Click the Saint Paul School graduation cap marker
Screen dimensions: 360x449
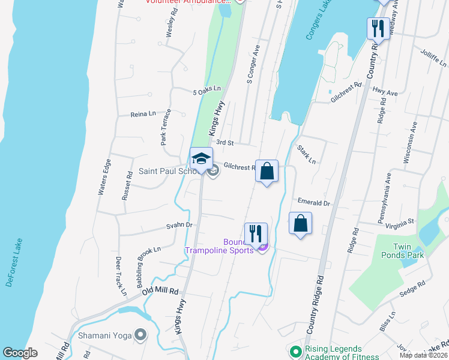pyautogui.click(x=201, y=159)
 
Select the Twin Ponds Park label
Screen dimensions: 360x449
pyautogui.click(x=408, y=251)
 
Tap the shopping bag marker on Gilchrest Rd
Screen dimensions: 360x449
pyautogui.click(x=267, y=172)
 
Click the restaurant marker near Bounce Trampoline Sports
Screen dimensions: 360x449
pyautogui.click(x=256, y=234)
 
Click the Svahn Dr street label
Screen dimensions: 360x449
pyautogui.click(x=179, y=226)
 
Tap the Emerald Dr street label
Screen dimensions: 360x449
pyautogui.click(x=314, y=203)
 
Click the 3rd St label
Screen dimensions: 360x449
pyautogui.click(x=224, y=143)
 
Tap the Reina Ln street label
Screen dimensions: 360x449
pyautogui.click(x=143, y=113)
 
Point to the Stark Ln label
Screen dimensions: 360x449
pyautogui.click(x=306, y=154)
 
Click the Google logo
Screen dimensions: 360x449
pyautogui.click(x=20, y=353)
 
